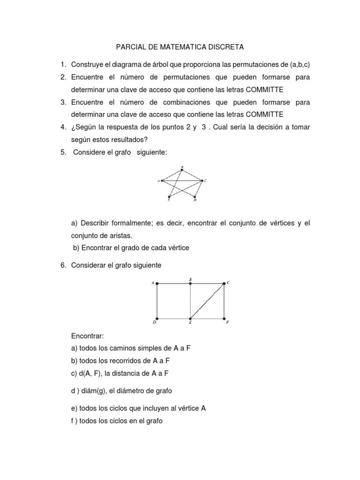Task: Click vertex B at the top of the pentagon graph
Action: click(x=182, y=169)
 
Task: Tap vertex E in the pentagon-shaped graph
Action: click(x=169, y=197)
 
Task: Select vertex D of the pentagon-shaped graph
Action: click(x=195, y=197)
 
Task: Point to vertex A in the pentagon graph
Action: click(x=162, y=180)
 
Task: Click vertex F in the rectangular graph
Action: click(x=224, y=318)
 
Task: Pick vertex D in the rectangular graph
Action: click(x=157, y=318)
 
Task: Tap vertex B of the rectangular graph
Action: click(x=190, y=283)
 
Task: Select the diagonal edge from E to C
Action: click(x=207, y=300)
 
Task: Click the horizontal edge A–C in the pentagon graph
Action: click(x=183, y=180)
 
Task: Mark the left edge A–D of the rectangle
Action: click(x=157, y=300)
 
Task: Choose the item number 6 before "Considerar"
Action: click(x=62, y=265)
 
